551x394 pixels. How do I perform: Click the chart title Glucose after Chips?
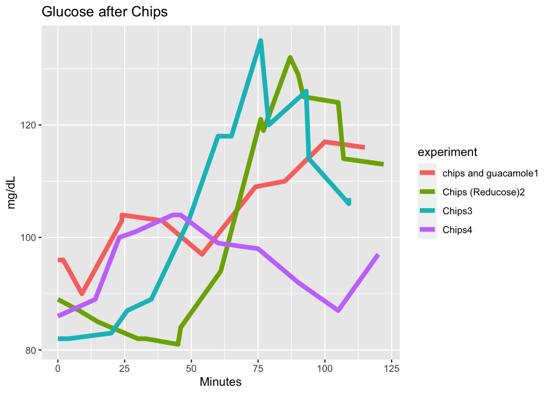tap(105, 12)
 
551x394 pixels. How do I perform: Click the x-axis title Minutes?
tap(221, 382)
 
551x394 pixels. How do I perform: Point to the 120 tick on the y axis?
tap(31, 125)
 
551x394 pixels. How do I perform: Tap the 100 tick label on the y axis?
tap(31, 238)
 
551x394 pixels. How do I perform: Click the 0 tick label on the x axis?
tap(58, 369)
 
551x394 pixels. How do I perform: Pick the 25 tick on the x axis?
tap(125, 369)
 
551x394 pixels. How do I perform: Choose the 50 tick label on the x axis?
tap(191, 369)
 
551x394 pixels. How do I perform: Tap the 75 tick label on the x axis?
tap(258, 369)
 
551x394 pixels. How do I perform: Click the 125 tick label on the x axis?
tap(392, 369)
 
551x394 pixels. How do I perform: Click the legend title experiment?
tap(447, 152)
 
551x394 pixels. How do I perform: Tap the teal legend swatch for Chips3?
tap(428, 211)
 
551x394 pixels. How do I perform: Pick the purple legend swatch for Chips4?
tap(428, 230)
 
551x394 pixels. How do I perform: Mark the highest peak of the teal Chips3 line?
tap(260, 41)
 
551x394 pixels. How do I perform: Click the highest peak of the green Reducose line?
tap(290, 57)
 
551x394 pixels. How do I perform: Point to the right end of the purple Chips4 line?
tap(378, 255)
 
